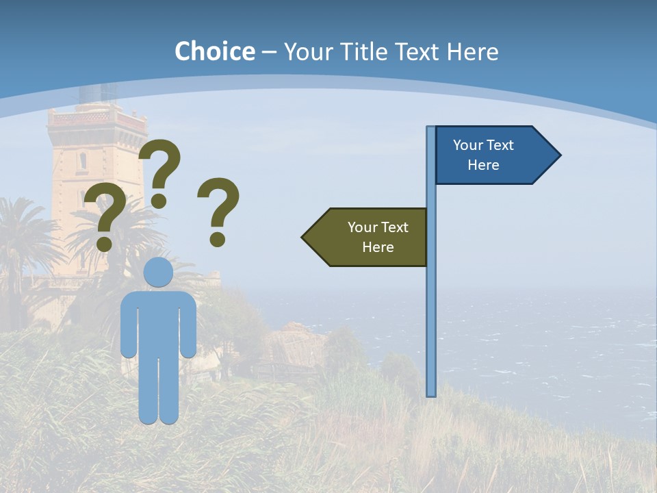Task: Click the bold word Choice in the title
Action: [x=214, y=51]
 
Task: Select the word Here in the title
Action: [x=472, y=51]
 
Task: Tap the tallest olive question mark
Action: [x=160, y=171]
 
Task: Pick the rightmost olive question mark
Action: [x=218, y=210]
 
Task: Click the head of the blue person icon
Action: [x=158, y=272]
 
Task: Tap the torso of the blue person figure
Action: [x=158, y=322]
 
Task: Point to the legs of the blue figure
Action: [x=158, y=390]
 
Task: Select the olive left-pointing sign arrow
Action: [x=366, y=237]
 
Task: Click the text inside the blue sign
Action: [x=483, y=155]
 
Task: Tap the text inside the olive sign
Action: [x=378, y=237]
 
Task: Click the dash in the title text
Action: [x=269, y=52]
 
